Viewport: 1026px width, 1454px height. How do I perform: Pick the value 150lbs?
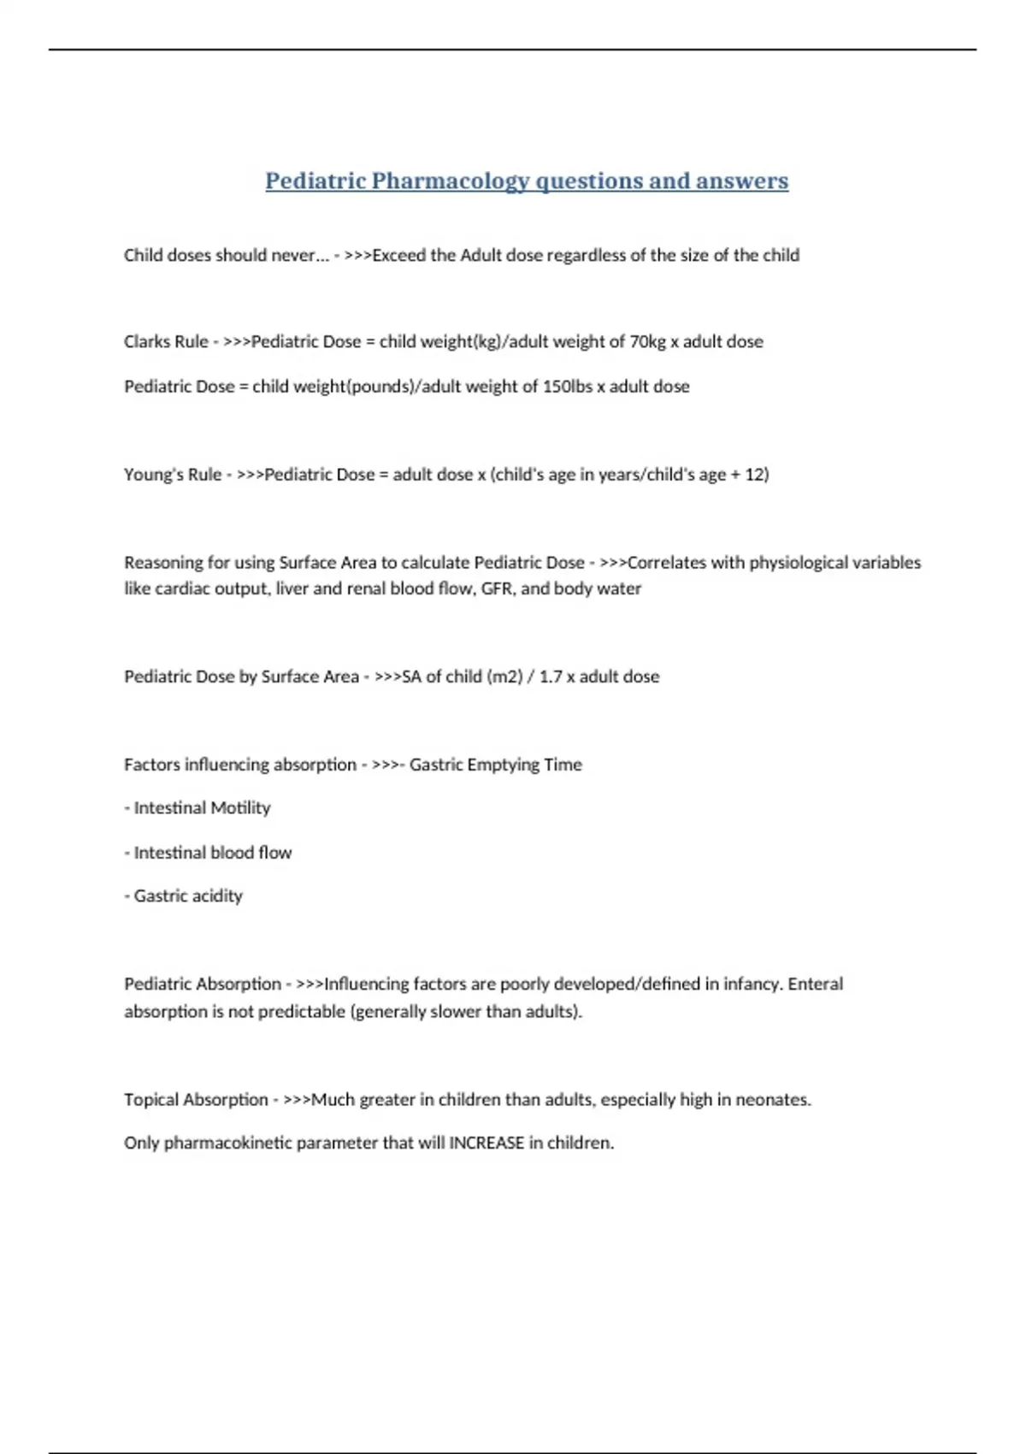pos(567,386)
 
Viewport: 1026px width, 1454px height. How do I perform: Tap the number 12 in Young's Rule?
pos(755,474)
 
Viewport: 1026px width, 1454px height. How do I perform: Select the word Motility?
pos(240,807)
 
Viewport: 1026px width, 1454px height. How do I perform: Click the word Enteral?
pos(815,984)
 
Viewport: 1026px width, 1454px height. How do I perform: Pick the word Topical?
pos(151,1099)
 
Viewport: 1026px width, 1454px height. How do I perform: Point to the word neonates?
pos(774,1099)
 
